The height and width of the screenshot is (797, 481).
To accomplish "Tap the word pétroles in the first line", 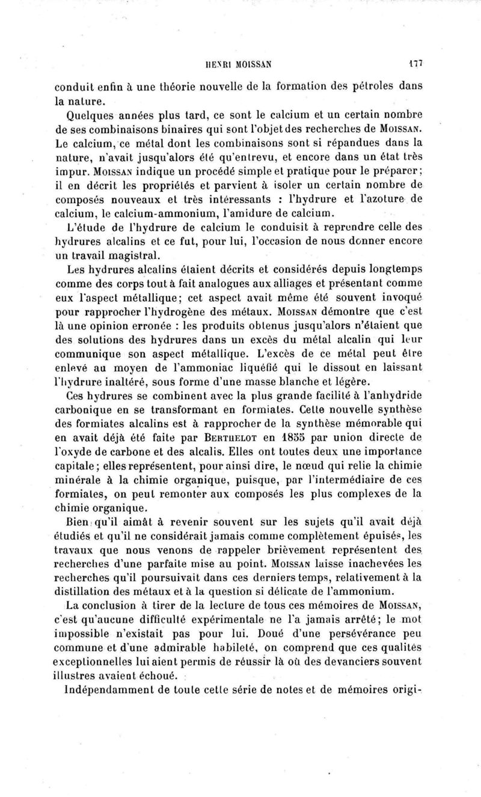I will [x=362, y=87].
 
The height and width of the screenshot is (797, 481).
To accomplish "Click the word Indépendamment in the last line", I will [x=118, y=691].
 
